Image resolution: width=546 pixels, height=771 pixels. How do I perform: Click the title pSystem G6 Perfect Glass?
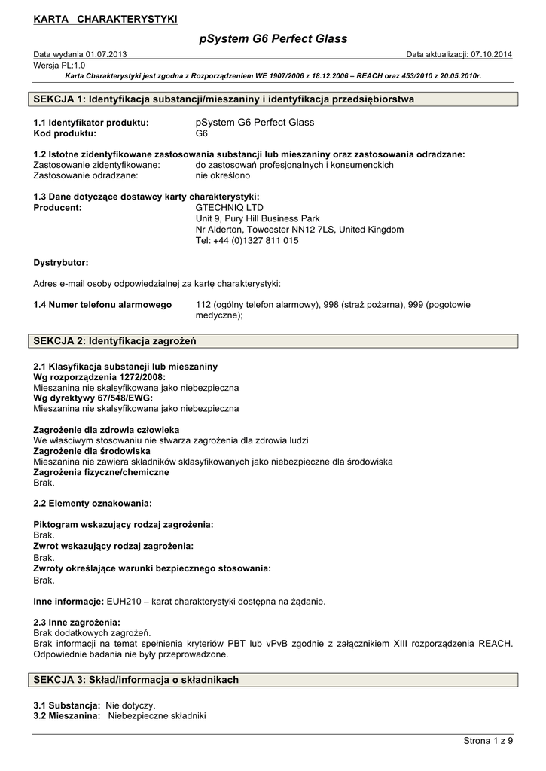[x=273, y=38]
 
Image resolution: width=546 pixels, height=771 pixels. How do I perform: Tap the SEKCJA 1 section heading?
[x=224, y=99]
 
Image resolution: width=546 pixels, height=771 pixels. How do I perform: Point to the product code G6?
[x=201, y=133]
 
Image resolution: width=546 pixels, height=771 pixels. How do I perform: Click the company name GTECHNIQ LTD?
[x=230, y=207]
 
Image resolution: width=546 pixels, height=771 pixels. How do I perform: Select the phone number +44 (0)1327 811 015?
[x=256, y=241]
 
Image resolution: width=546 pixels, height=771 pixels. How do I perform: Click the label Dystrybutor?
[x=61, y=263]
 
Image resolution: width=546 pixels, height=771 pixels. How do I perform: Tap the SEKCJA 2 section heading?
[x=115, y=341]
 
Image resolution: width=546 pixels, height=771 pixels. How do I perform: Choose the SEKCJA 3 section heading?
[x=136, y=680]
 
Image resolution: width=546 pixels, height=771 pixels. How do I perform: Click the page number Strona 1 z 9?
[x=488, y=742]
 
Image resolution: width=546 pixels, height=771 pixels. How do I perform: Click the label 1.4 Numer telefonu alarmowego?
[x=103, y=305]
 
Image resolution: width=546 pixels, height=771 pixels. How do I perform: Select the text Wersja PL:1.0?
[x=59, y=66]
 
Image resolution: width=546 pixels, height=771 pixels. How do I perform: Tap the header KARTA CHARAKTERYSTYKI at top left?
[x=105, y=19]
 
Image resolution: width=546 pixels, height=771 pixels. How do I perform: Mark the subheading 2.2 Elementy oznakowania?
[x=93, y=502]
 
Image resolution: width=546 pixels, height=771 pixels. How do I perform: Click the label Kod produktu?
[x=65, y=133]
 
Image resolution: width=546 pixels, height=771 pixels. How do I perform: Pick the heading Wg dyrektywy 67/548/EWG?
[x=93, y=398]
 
